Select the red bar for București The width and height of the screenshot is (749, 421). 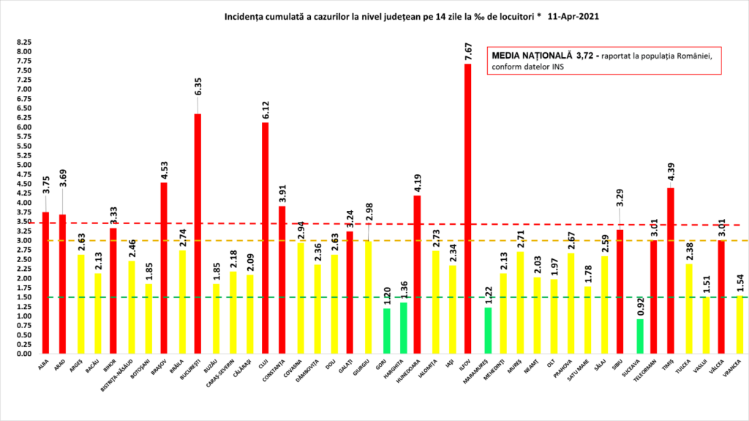[x=197, y=234]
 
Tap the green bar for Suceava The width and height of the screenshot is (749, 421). [x=640, y=336]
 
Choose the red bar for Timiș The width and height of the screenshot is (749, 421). [x=670, y=271]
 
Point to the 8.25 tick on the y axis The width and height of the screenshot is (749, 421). [x=25, y=43]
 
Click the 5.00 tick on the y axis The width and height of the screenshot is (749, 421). [x=25, y=165]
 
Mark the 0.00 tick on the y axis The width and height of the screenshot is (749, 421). [x=25, y=354]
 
